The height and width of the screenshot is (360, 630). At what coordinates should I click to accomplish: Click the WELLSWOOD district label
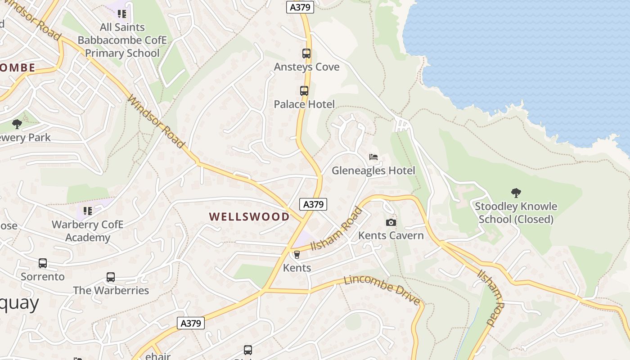click(249, 216)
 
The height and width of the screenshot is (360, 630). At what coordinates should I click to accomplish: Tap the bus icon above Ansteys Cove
click(306, 54)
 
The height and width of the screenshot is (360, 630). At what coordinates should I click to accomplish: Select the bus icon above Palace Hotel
click(304, 91)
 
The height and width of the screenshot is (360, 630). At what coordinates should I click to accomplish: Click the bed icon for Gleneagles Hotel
click(373, 157)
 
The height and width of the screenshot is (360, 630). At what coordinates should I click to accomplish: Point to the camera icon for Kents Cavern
click(391, 222)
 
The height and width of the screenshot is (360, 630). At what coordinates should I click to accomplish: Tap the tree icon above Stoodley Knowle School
click(516, 193)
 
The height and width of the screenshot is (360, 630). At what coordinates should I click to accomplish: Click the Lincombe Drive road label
click(382, 288)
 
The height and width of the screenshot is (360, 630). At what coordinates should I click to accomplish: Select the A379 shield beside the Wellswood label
click(313, 204)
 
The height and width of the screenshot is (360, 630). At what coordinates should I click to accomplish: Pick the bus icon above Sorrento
click(43, 263)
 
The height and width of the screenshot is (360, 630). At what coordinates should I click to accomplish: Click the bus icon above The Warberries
click(111, 277)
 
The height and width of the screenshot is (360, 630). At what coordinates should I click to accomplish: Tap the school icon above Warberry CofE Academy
click(87, 211)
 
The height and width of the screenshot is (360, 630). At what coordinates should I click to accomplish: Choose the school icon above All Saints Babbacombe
click(122, 13)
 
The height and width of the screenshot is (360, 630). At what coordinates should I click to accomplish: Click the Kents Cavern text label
click(391, 235)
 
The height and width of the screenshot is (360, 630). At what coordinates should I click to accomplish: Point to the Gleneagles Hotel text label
click(373, 171)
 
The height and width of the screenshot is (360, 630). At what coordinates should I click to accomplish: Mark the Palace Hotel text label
click(304, 104)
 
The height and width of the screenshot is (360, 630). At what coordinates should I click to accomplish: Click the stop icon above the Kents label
click(297, 255)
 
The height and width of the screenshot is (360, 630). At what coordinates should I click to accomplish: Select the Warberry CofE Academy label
click(87, 231)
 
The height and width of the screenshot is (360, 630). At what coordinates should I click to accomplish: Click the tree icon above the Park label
click(17, 124)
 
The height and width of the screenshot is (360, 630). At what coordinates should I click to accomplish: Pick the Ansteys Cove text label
click(306, 67)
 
